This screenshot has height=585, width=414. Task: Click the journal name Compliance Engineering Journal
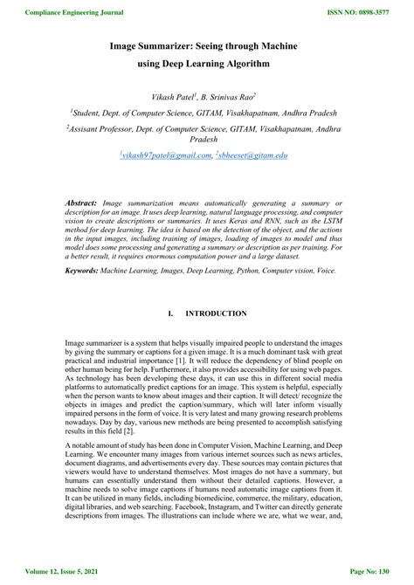[x=62, y=13]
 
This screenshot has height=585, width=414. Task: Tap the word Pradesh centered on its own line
[x=207, y=139]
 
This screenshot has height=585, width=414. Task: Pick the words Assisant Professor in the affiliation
[x=106, y=127]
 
